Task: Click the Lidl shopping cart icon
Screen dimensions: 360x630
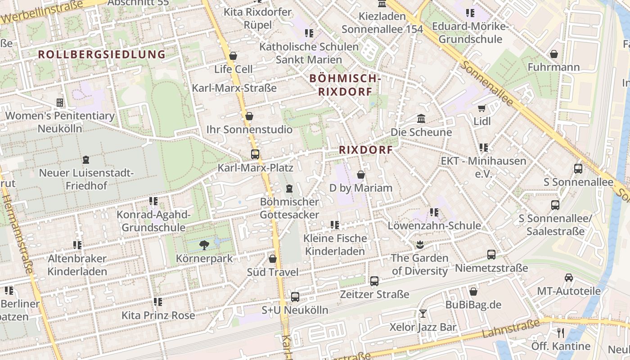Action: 482,108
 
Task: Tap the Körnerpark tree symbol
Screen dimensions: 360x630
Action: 204,245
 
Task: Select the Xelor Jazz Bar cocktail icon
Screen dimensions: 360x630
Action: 423,313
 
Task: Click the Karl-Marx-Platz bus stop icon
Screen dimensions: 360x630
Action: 255,154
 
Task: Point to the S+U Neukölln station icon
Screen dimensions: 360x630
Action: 295,297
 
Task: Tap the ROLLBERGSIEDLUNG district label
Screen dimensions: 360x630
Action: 102,54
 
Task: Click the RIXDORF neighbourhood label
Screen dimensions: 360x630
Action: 366,150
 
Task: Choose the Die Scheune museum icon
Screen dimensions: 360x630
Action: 421,119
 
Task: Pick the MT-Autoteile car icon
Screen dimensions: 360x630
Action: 569,278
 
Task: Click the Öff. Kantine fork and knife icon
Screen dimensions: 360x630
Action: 561,333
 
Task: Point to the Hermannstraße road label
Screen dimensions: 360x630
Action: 18,234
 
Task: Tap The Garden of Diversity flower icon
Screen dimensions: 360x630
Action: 420,245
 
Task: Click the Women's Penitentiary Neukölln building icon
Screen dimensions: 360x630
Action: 59,103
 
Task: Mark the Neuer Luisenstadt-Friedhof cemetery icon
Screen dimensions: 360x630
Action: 86,159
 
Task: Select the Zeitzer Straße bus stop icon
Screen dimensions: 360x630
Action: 374,281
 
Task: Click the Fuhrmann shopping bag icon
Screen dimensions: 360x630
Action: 554,54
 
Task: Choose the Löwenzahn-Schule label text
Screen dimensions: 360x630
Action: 434,225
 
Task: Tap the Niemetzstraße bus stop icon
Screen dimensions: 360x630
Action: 491,255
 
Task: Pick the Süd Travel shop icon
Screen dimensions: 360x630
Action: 273,259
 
